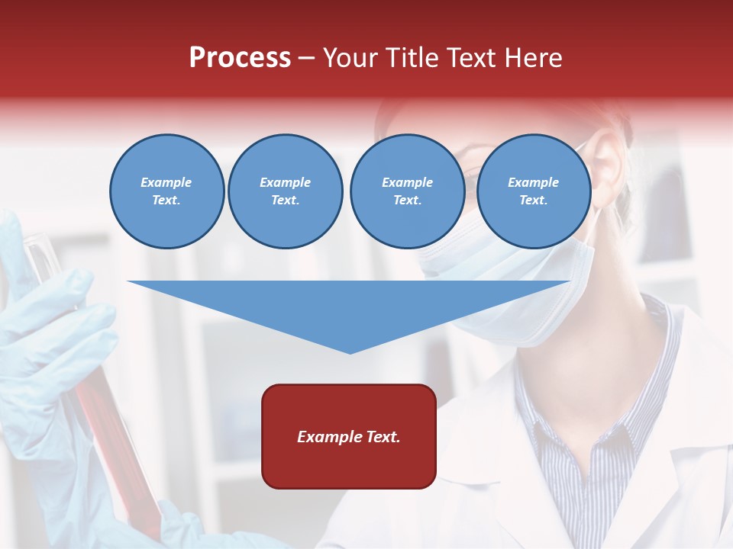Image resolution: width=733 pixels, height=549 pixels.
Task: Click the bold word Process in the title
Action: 240,58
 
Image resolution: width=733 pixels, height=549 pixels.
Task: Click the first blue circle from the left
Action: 166,191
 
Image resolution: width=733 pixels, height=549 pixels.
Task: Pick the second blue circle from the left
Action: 285,191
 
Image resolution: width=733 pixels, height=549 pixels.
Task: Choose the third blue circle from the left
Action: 407,191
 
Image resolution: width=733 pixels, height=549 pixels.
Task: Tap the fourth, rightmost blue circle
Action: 533,191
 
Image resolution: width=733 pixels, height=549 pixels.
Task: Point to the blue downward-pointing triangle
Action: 348,305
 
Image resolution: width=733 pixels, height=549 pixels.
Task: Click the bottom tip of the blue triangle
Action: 350,352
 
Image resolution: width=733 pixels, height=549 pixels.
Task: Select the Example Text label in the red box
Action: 348,437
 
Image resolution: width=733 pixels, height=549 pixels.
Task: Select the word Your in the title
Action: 348,58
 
